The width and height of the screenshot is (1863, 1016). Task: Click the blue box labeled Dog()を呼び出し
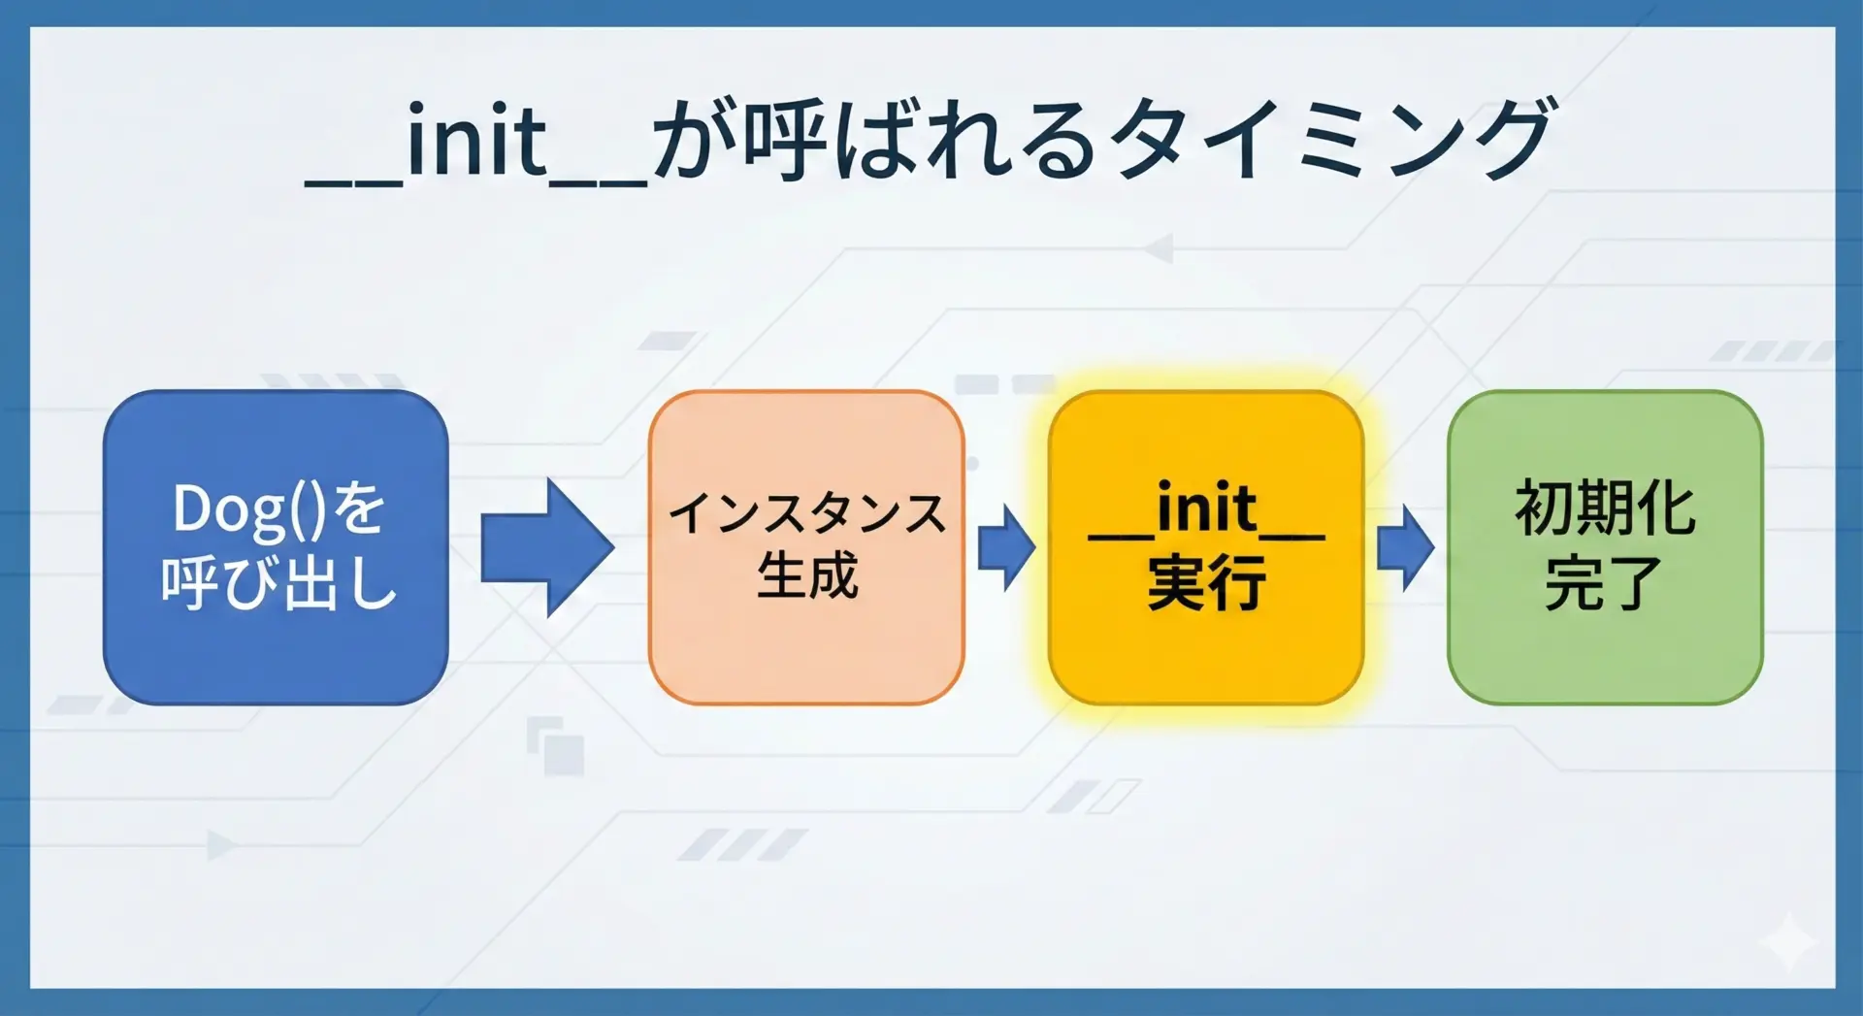[x=276, y=547]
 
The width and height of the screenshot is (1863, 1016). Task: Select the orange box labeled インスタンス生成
[x=806, y=547]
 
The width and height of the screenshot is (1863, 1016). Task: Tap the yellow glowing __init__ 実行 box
[x=1206, y=547]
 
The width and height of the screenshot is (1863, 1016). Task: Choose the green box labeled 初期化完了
[x=1605, y=547]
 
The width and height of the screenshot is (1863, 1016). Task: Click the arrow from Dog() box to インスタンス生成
[x=547, y=547]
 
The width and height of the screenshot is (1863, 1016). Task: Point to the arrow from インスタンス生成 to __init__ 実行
[x=1006, y=547]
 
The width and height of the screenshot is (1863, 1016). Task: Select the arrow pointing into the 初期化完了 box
[x=1405, y=547]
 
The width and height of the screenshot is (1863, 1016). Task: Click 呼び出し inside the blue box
[x=279, y=582]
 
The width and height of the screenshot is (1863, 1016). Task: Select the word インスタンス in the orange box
[x=806, y=513]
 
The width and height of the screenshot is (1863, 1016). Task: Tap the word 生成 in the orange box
[x=807, y=575]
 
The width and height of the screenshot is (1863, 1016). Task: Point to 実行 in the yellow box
[x=1206, y=582]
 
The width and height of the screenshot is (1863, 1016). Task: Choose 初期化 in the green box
[x=1605, y=508]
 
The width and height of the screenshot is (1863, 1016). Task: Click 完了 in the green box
[x=1604, y=582]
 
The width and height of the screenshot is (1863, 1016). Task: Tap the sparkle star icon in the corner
[x=1787, y=940]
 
